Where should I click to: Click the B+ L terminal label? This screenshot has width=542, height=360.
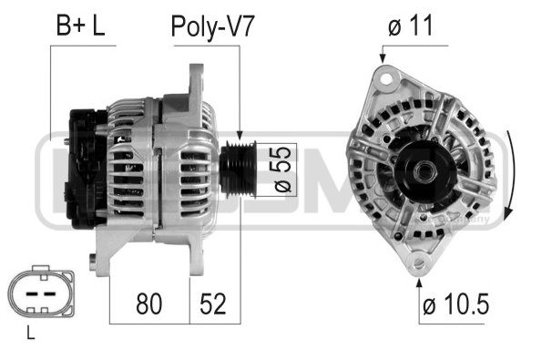[80, 26]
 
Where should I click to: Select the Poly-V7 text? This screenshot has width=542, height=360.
[212, 26]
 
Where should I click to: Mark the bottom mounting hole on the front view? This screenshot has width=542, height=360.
[419, 264]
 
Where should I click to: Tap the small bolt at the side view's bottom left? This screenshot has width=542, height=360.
[94, 262]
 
